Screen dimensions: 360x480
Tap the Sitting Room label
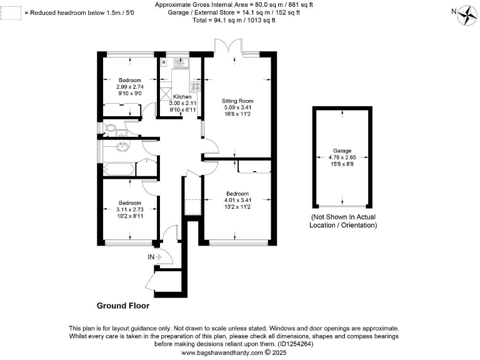click(x=237, y=100)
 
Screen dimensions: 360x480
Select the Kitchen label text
click(x=182, y=97)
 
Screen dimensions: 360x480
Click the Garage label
click(x=342, y=151)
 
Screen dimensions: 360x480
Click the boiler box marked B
click(x=163, y=62)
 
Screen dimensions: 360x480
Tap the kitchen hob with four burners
click(x=195, y=86)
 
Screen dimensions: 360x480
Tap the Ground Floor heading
click(x=122, y=306)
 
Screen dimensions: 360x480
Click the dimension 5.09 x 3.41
click(x=237, y=107)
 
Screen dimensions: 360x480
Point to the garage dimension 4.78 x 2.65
click(x=342, y=157)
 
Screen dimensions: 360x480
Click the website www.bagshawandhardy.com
click(x=222, y=352)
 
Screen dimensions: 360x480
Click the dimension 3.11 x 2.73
click(x=131, y=210)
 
